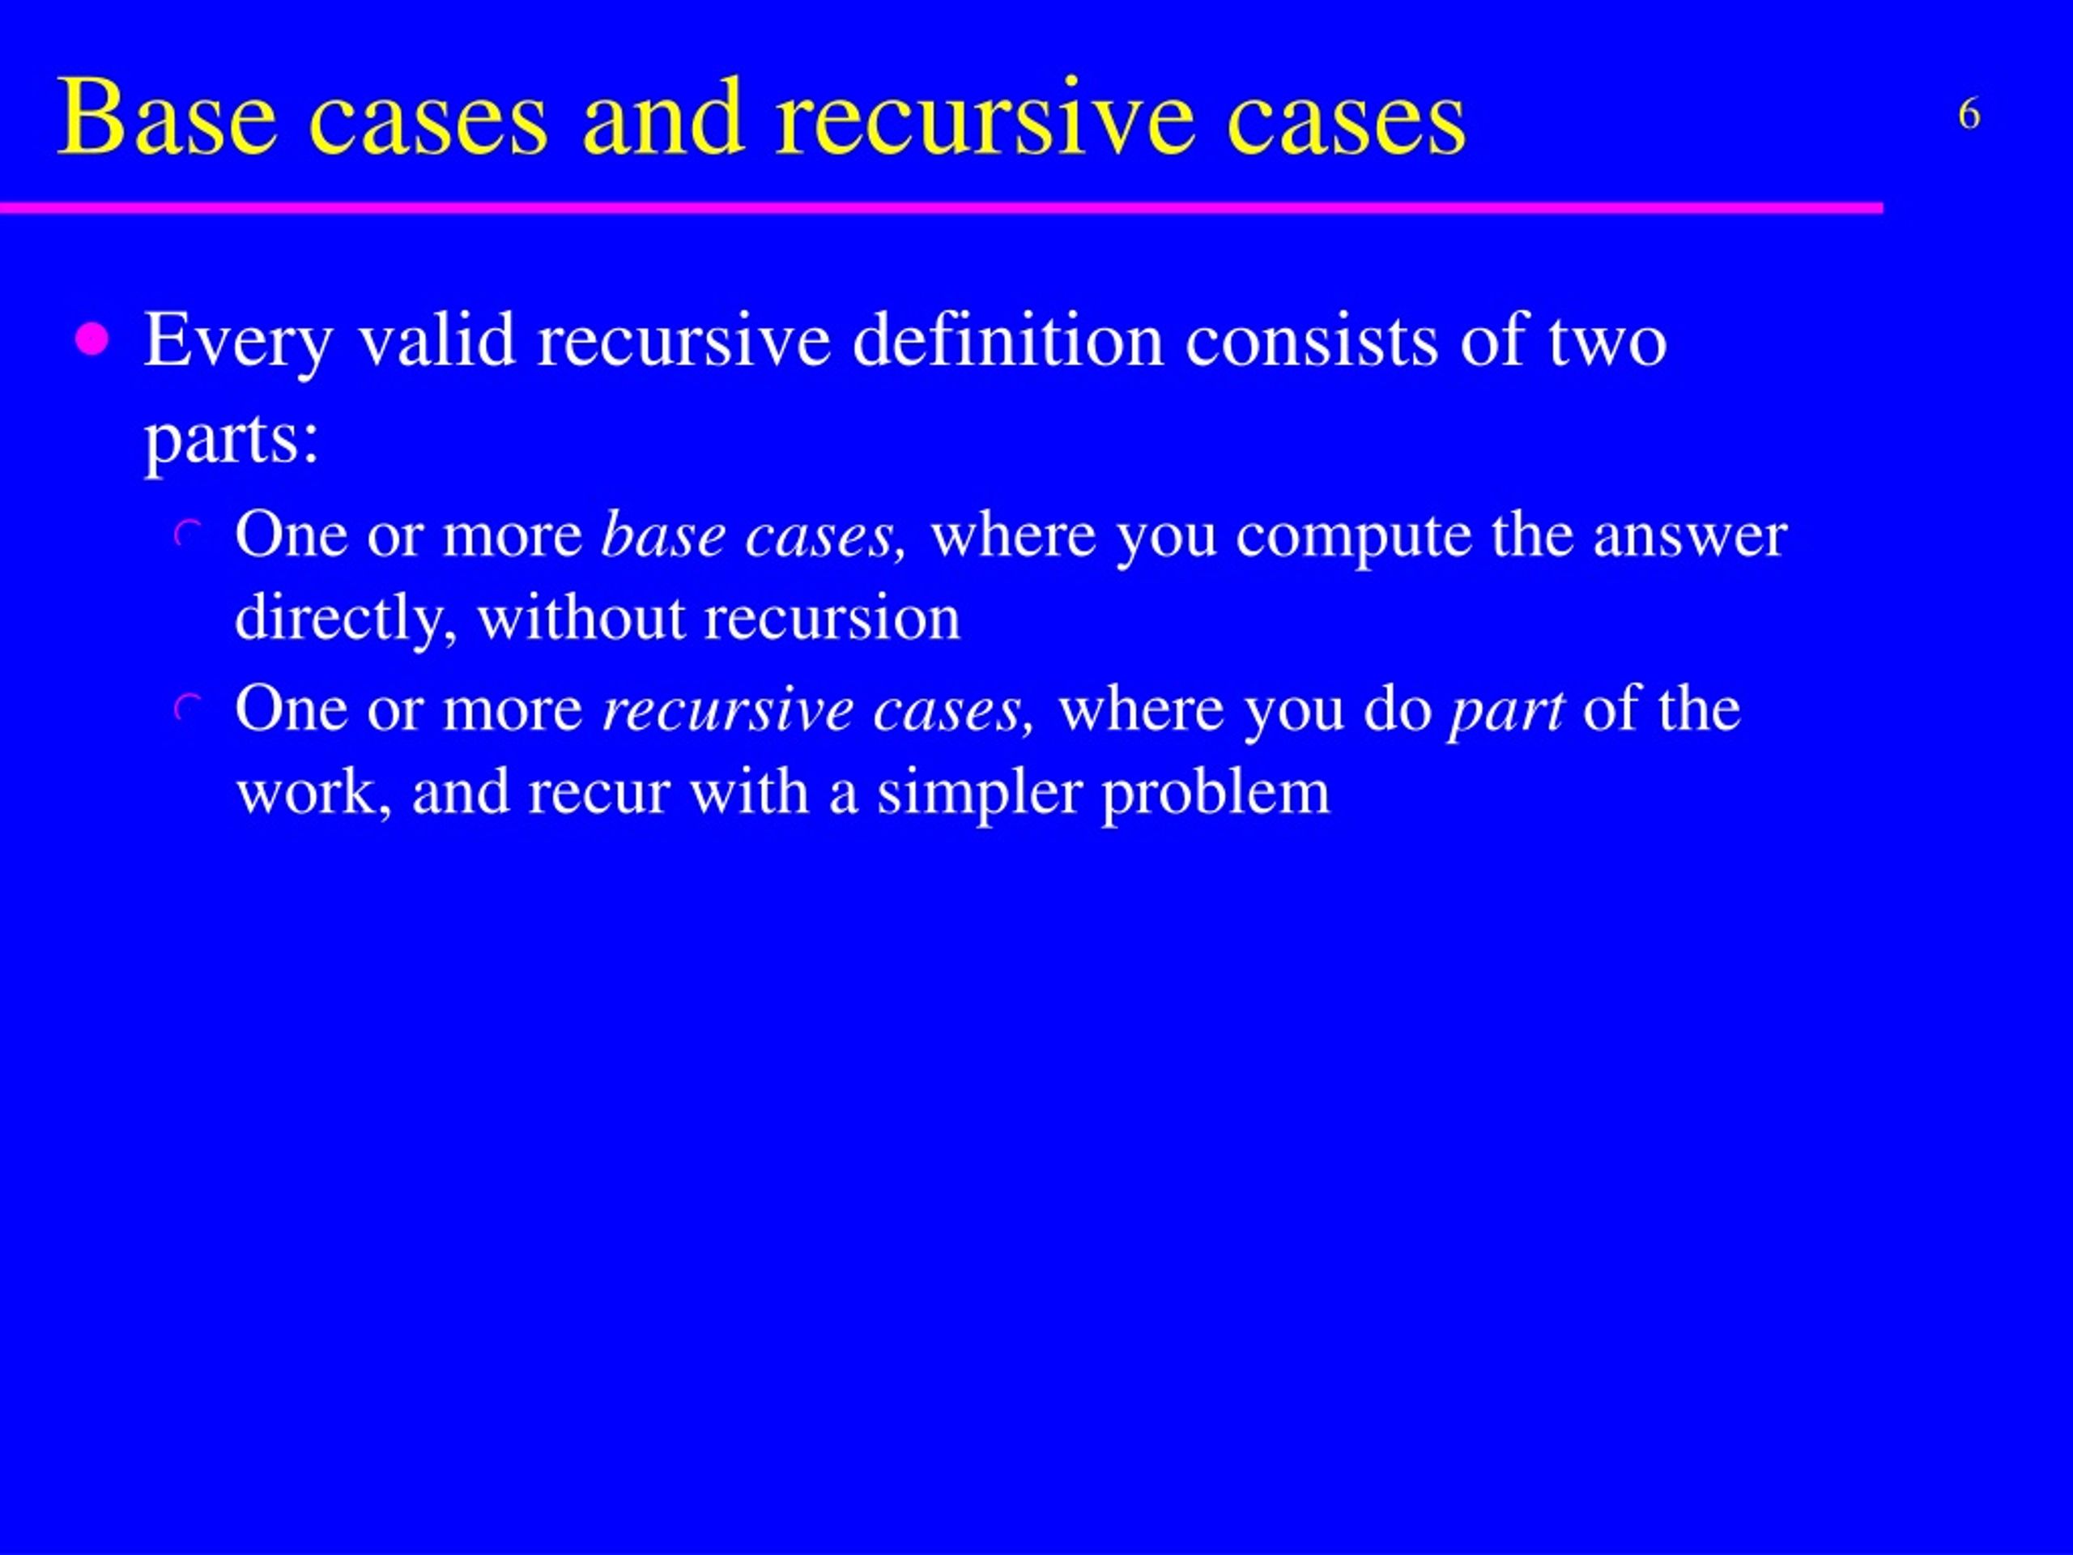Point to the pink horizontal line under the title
point(937,207)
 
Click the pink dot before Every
point(92,339)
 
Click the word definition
point(1007,339)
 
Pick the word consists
point(1311,339)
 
